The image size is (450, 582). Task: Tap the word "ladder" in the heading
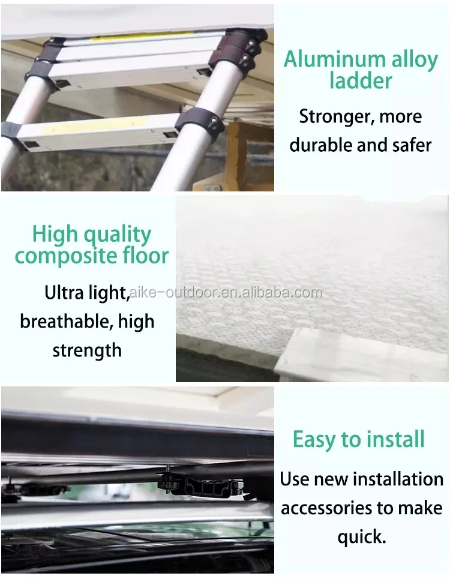click(x=361, y=80)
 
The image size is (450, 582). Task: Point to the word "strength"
click(x=87, y=350)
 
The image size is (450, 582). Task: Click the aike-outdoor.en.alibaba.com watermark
click(x=226, y=293)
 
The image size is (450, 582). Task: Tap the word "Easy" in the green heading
click(x=314, y=440)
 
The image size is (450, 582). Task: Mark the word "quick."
click(x=362, y=538)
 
